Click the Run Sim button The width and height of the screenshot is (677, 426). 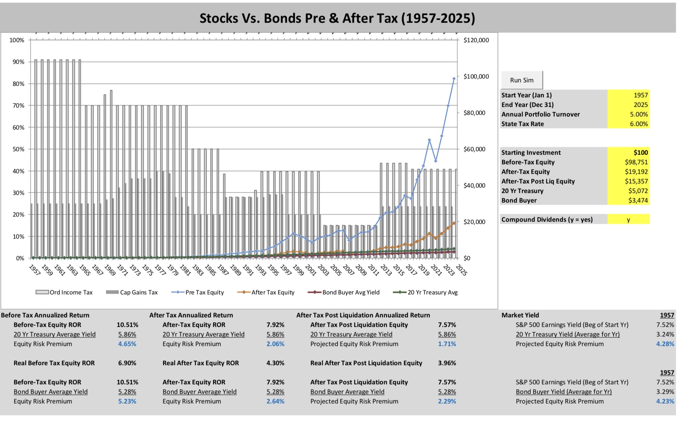522,80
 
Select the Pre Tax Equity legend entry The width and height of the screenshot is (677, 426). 198,292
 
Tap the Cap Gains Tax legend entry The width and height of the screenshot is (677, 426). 132,292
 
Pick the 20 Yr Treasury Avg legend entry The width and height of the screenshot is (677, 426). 425,292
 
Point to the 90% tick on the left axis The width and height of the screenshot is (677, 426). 18,62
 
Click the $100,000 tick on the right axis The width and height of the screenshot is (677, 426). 476,77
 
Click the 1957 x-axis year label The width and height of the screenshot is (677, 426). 34,270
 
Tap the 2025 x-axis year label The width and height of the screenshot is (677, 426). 461,270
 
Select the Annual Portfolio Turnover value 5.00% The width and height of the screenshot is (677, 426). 639,114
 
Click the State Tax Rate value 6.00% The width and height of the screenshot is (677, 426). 639,124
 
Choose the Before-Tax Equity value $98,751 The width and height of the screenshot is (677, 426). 636,162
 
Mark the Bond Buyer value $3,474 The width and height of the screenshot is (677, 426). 638,201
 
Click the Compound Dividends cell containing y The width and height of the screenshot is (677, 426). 628,220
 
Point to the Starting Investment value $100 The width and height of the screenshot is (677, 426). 641,153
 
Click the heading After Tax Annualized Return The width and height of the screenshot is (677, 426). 191,315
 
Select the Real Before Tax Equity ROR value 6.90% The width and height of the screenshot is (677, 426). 127,363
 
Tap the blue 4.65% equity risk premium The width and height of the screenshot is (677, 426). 127,344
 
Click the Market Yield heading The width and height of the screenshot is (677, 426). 520,315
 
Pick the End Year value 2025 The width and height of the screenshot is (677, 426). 641,105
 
